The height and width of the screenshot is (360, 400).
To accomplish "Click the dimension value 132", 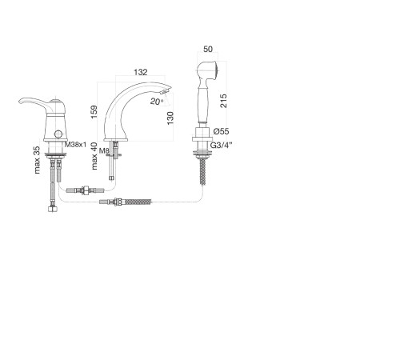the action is pyautogui.click(x=141, y=72).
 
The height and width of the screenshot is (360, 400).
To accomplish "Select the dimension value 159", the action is pyautogui.click(x=94, y=112).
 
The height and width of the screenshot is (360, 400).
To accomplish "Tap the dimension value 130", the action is pyautogui.click(x=170, y=118).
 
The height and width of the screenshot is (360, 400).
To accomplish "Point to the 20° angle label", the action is pyautogui.click(x=157, y=102).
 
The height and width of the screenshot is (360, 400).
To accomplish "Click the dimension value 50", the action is pyautogui.click(x=208, y=49).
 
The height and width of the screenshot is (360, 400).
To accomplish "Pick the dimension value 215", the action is pyautogui.click(x=223, y=101).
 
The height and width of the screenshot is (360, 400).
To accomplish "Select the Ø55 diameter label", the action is pyautogui.click(x=221, y=131).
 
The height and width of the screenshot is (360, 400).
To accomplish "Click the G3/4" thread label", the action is pyautogui.click(x=222, y=146).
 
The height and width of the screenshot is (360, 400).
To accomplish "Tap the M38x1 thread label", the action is pyautogui.click(x=76, y=145).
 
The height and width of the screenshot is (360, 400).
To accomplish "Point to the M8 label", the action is pyautogui.click(x=104, y=151).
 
